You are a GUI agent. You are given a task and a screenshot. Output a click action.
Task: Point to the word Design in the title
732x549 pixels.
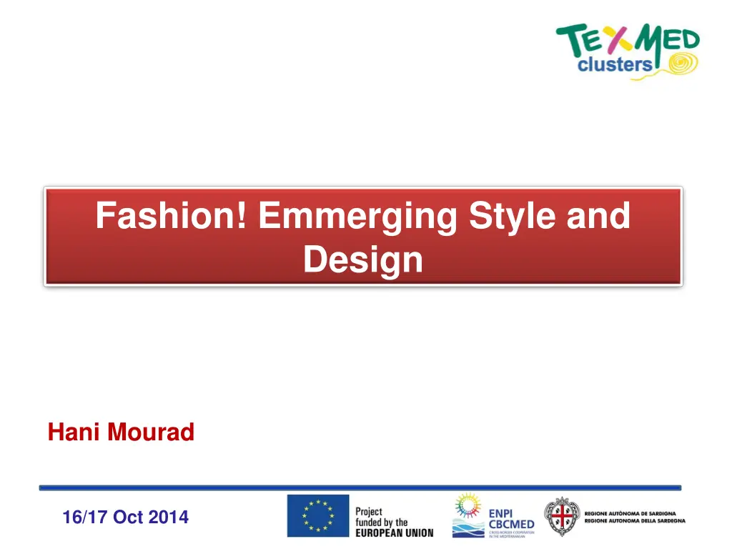point(363,259)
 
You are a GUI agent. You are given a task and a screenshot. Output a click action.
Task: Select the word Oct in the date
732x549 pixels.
point(128,517)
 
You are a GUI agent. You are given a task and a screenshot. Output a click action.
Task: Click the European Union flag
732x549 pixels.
point(318,515)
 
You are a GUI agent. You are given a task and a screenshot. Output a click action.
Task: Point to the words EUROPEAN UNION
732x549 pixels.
point(394,533)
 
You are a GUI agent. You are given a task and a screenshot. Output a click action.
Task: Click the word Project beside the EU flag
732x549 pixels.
point(369,511)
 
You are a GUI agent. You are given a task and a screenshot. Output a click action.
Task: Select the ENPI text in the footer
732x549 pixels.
point(500,513)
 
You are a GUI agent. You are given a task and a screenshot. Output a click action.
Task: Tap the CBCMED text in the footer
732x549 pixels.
point(511,524)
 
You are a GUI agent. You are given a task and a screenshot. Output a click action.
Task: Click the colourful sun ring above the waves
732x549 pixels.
point(468,505)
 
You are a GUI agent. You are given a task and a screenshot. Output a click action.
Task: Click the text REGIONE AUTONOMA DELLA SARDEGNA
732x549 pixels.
point(635,521)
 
